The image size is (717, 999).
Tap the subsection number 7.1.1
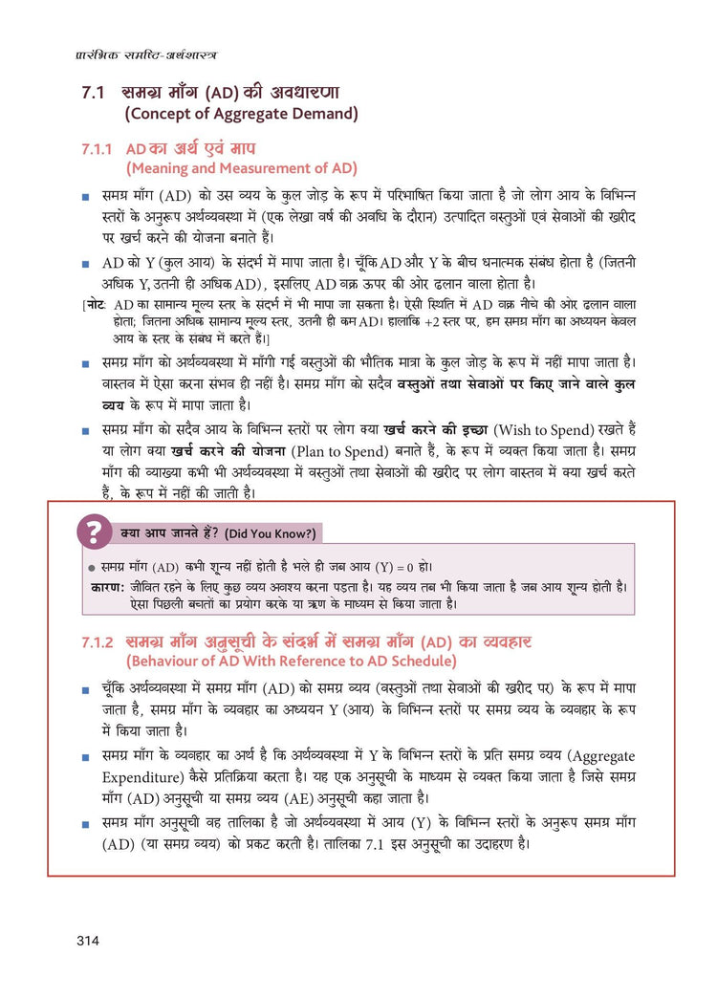point(96,150)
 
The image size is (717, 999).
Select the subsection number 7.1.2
point(96,641)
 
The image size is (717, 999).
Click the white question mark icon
point(93,531)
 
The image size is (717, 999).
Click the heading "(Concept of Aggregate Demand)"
point(241,115)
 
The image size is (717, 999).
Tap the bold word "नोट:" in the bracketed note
point(98,303)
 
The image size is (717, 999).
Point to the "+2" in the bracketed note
point(439,322)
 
